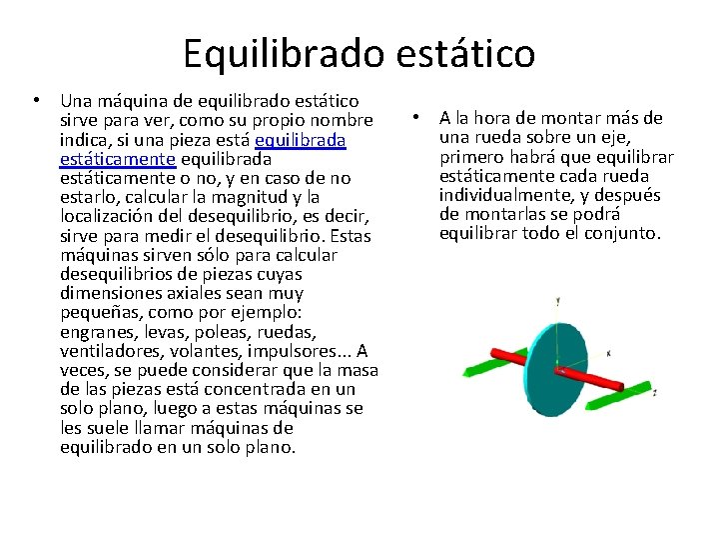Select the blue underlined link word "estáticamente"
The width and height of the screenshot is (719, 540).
point(118,159)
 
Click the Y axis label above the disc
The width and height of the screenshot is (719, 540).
point(557,300)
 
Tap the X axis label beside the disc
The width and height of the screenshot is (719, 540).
point(609,353)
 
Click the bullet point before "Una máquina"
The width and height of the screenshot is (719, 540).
point(36,101)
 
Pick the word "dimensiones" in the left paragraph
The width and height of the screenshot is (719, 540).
point(107,293)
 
